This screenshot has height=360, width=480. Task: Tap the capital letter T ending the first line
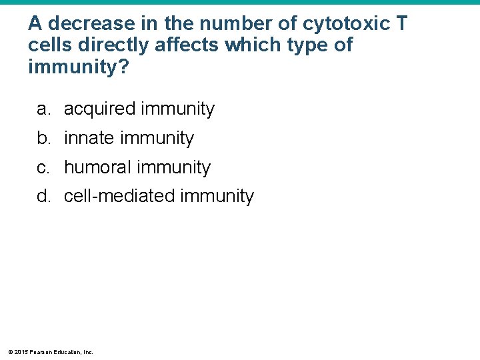(x=401, y=23)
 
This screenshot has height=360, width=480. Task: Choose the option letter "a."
(x=44, y=109)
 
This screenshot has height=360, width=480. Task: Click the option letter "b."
(x=44, y=138)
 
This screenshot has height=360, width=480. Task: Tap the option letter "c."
(x=44, y=167)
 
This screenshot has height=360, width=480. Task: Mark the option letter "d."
(x=44, y=197)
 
